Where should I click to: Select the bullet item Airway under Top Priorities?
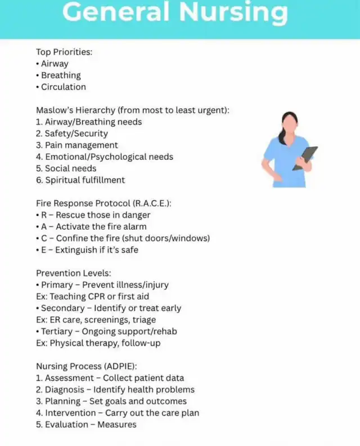(55, 64)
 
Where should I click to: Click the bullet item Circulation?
(64, 87)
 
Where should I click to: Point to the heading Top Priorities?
(64, 52)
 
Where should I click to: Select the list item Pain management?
(82, 145)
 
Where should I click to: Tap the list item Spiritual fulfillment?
(85, 180)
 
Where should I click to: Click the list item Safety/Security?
(76, 133)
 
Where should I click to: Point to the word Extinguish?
(78, 250)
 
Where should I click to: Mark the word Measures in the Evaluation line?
(117, 425)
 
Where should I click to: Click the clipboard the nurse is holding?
(305, 158)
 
